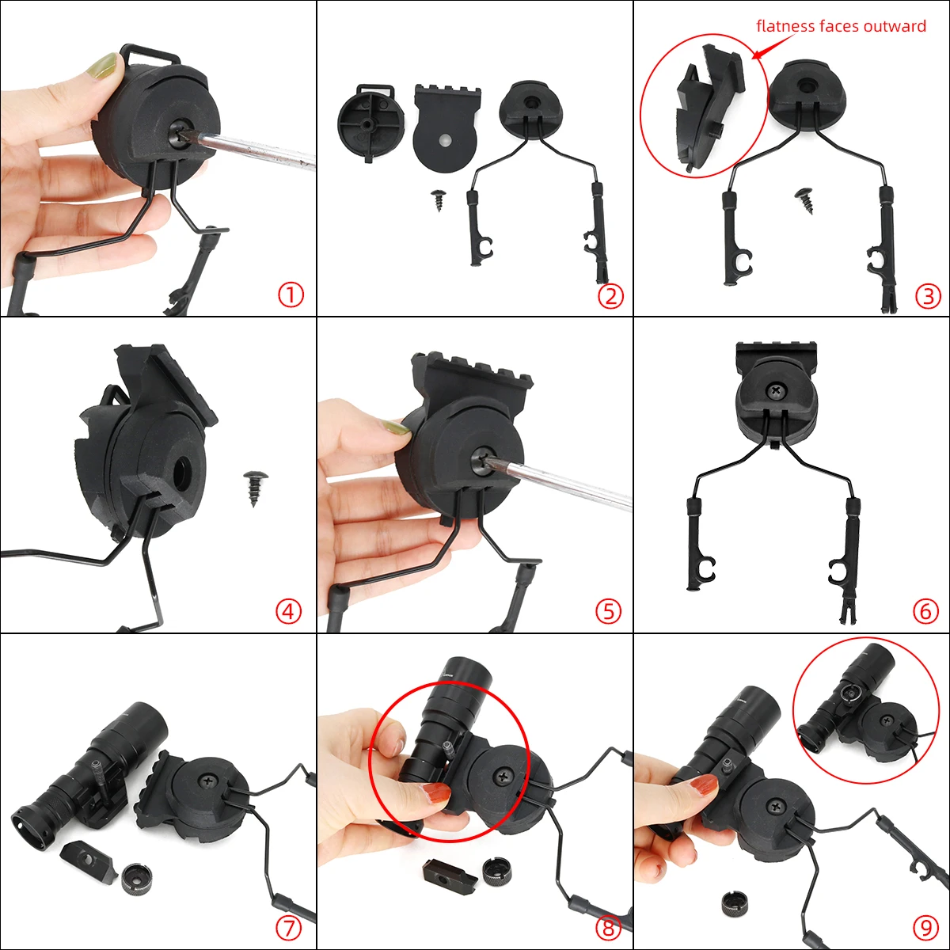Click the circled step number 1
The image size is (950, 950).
[x=291, y=296]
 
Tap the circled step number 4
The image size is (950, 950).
[x=289, y=611]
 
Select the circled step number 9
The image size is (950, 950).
[x=925, y=927]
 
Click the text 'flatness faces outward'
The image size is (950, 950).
[x=841, y=26]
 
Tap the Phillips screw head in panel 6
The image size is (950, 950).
[x=774, y=390]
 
